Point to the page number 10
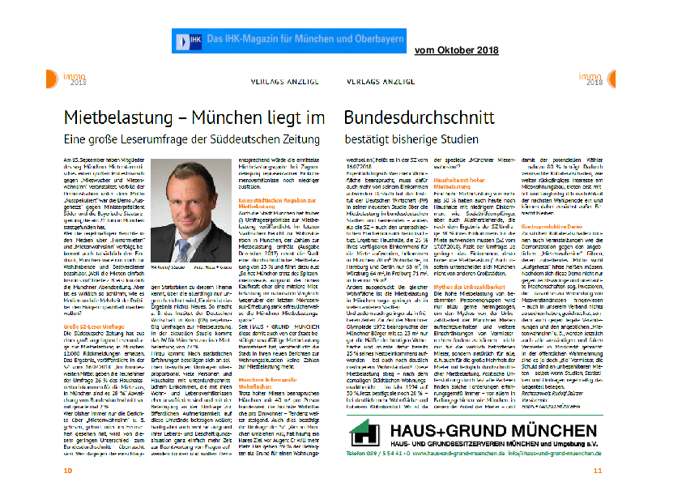(x=68, y=470)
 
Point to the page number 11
(x=620, y=470)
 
